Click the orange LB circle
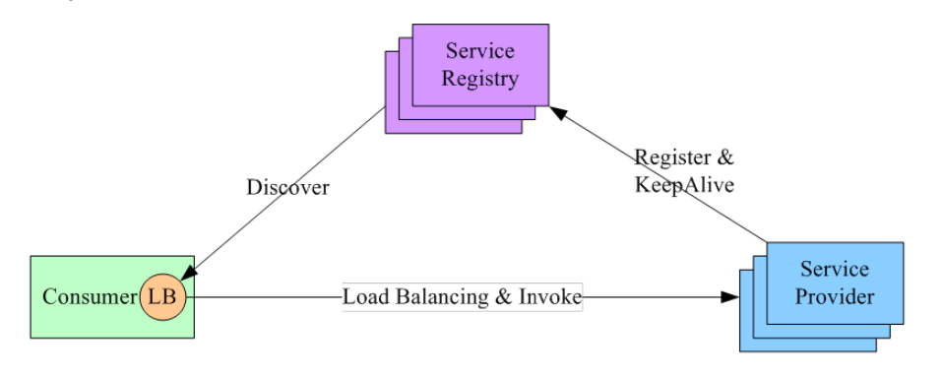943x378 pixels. [163, 296]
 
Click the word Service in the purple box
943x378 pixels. [480, 52]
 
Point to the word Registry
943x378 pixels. [480, 79]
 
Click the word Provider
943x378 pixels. [835, 295]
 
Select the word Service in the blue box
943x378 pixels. [835, 269]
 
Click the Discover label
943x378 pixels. [287, 187]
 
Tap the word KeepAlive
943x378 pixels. [682, 184]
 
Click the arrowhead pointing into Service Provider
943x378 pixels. [730, 296]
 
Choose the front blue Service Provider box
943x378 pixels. [835, 282]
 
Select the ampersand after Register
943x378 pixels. [726, 157]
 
